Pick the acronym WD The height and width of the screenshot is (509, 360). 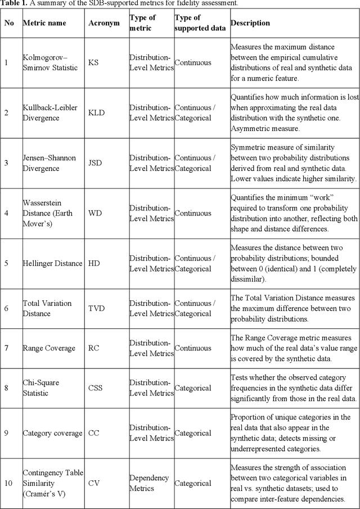(x=95, y=214)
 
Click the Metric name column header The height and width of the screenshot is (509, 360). (x=44, y=23)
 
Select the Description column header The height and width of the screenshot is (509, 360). (x=250, y=23)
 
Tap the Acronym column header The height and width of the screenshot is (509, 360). (x=104, y=23)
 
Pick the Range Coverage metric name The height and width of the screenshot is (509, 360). (x=49, y=348)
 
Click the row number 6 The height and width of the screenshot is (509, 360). (x=6, y=308)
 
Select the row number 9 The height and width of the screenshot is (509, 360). (x=6, y=433)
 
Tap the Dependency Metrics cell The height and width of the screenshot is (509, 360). (x=150, y=483)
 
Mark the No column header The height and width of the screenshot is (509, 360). (x=9, y=23)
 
